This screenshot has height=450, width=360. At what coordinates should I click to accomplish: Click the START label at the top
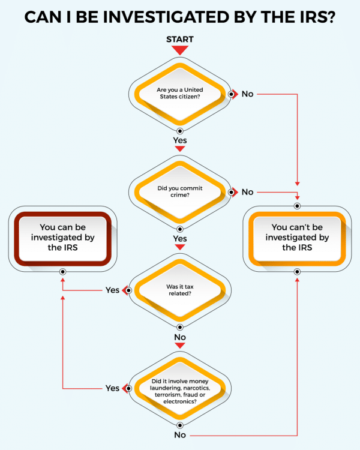pyautogui.click(x=180, y=40)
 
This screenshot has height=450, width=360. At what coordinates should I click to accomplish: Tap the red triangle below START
pyautogui.click(x=180, y=50)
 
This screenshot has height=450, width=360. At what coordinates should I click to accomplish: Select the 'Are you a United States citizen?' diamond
pyautogui.click(x=180, y=94)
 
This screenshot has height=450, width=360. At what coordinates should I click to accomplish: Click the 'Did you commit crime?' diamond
pyautogui.click(x=180, y=192)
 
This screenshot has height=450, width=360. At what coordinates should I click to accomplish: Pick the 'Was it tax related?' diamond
pyautogui.click(x=180, y=290)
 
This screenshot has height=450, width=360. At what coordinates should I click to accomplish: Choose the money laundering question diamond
pyautogui.click(x=180, y=388)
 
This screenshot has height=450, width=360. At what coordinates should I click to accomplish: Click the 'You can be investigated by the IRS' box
pyautogui.click(x=62, y=238)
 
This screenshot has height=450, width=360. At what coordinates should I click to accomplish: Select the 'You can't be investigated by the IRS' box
pyautogui.click(x=297, y=238)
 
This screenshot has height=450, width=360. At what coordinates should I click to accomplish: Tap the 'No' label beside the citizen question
pyautogui.click(x=247, y=94)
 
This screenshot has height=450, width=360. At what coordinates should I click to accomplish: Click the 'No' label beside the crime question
pyautogui.click(x=247, y=192)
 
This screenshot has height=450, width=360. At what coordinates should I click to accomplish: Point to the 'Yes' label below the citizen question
pyautogui.click(x=180, y=140)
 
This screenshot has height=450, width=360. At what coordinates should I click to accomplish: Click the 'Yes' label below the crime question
pyautogui.click(x=180, y=238)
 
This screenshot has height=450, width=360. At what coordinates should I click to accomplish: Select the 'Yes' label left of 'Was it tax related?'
pyautogui.click(x=112, y=290)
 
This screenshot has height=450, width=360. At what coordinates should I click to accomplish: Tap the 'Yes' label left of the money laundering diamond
pyautogui.click(x=112, y=388)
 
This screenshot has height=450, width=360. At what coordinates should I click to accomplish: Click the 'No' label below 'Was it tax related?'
pyautogui.click(x=180, y=337)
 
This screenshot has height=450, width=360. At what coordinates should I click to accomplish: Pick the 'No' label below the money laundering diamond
pyautogui.click(x=180, y=435)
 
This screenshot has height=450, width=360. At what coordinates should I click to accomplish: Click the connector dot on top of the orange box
pyautogui.click(x=297, y=206)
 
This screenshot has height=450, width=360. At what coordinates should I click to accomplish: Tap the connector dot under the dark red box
pyautogui.click(x=62, y=272)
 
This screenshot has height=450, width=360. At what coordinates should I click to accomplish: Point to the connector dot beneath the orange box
pyautogui.click(x=297, y=272)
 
